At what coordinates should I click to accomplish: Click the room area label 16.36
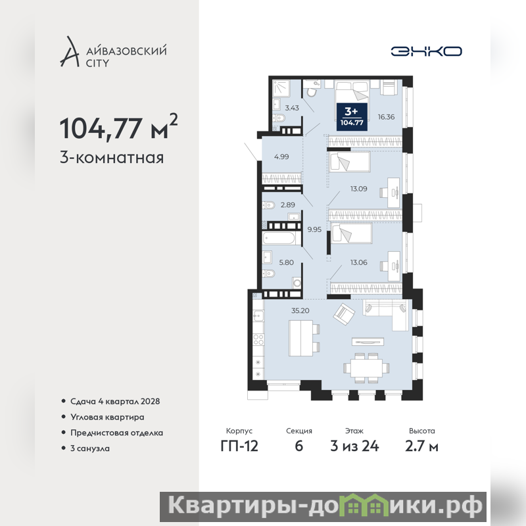(386, 117)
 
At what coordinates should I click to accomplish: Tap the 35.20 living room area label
(300, 310)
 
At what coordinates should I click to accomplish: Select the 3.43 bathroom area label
(292, 108)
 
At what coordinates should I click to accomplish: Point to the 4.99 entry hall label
(281, 156)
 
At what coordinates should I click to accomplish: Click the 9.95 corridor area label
(314, 229)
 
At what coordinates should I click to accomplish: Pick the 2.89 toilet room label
(288, 204)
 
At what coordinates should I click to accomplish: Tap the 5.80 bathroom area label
(287, 262)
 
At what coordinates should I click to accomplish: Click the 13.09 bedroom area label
(358, 189)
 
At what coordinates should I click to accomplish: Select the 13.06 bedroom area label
(358, 262)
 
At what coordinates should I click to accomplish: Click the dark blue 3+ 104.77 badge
(352, 116)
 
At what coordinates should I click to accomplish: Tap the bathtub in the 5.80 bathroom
(279, 238)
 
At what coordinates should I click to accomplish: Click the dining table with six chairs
(366, 368)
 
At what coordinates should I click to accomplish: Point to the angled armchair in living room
(344, 314)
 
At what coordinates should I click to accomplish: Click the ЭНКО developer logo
(426, 51)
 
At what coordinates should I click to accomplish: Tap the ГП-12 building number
(239, 446)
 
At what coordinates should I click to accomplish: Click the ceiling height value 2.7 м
(421, 446)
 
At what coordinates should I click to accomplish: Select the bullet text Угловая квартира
(107, 417)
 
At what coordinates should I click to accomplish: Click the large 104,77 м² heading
(118, 127)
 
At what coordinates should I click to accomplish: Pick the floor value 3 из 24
(354, 446)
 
